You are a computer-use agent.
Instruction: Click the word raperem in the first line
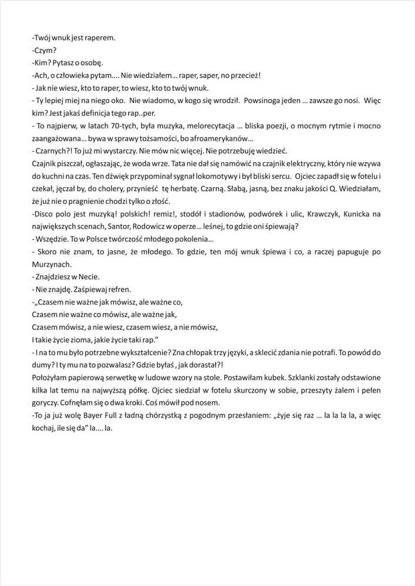[x=102, y=38]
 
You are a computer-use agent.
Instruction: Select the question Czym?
[x=44, y=50]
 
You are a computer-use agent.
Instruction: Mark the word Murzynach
[x=50, y=264]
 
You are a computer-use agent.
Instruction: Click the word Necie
[x=87, y=277]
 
